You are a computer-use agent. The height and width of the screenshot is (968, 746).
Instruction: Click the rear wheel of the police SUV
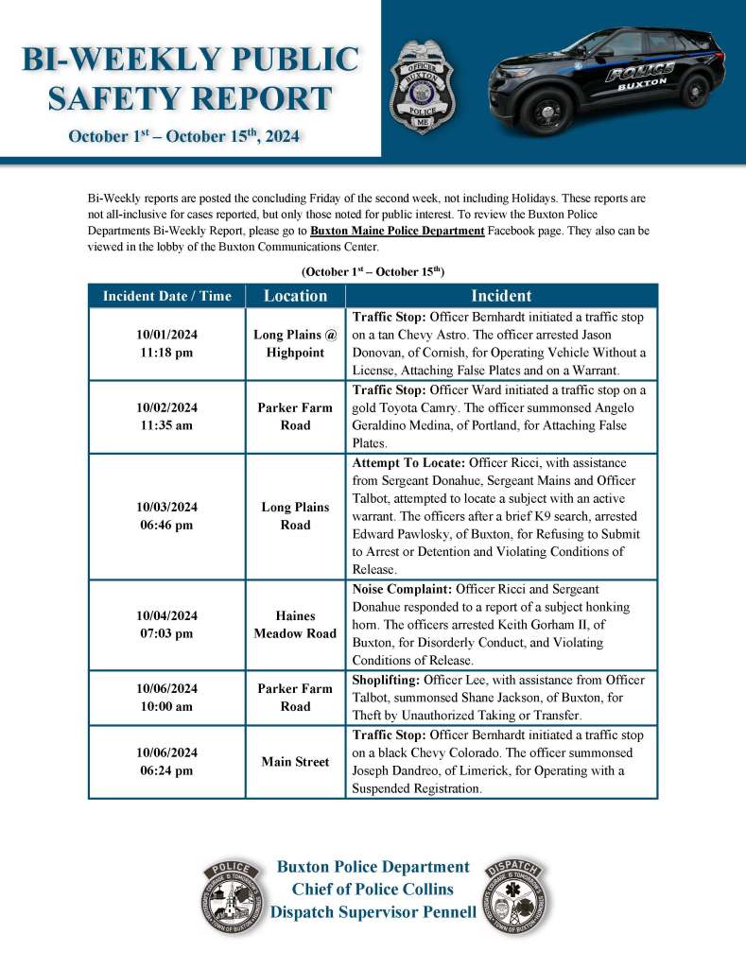695,90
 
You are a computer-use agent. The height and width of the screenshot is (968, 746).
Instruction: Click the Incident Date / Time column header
166,296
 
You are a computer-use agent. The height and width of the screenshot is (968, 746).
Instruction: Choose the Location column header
295,296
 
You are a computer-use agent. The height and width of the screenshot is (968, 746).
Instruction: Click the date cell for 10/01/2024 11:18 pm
166,343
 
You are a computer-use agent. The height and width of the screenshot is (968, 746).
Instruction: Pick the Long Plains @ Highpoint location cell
295,343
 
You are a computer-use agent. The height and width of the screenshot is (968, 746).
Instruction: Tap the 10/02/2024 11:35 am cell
166,417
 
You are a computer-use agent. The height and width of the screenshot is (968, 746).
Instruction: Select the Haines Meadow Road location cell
295,624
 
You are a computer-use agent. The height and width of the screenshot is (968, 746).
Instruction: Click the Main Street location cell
295,762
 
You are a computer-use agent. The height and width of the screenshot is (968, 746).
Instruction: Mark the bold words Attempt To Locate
408,464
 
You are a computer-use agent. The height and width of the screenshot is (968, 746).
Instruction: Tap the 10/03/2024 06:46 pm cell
166,516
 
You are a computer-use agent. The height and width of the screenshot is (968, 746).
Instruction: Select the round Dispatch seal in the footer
516,897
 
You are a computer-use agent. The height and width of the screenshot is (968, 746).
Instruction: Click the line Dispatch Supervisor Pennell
373,912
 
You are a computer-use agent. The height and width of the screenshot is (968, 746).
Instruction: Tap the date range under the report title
183,137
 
